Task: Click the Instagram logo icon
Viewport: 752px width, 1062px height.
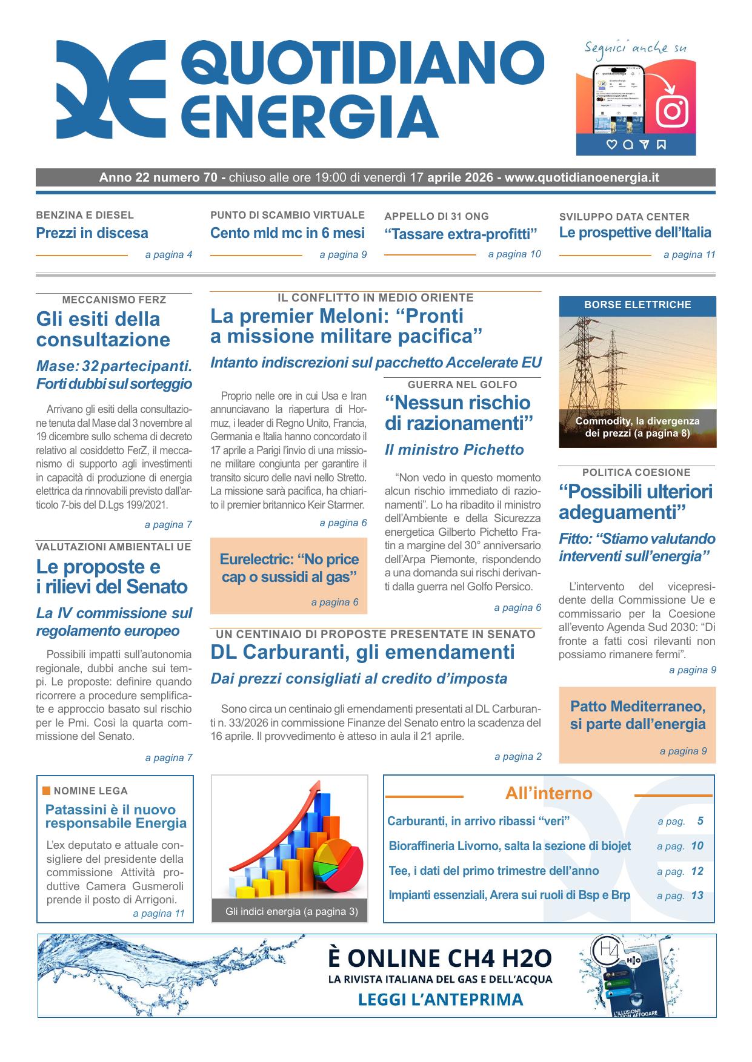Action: [671, 111]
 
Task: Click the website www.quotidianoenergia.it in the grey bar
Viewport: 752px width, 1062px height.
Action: [582, 178]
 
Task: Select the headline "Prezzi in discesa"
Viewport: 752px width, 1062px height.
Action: [92, 233]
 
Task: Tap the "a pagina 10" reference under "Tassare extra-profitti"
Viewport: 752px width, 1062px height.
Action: [514, 254]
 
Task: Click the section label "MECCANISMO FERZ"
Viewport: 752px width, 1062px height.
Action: [114, 300]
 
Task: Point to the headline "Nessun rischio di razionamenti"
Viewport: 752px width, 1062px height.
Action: [458, 413]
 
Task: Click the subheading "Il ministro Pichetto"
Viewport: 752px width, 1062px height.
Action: [454, 450]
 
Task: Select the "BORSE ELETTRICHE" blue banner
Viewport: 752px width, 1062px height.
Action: [637, 305]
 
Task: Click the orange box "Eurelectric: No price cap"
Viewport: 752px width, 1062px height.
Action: [289, 575]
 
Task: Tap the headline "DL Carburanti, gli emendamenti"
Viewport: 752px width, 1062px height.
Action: [362, 652]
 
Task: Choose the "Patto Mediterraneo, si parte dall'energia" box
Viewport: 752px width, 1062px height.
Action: [637, 724]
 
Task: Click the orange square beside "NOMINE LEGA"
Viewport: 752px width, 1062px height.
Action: [47, 790]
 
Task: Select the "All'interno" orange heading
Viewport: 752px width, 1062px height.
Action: [548, 793]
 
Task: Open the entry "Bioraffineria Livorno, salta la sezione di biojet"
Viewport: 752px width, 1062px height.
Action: [510, 846]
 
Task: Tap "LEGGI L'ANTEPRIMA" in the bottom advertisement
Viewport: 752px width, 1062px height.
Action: [441, 999]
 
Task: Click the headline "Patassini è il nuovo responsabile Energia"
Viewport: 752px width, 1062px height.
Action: [116, 816]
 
